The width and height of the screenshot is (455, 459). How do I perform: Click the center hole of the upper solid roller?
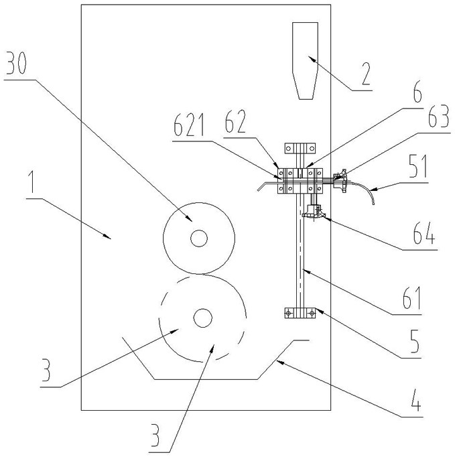click(199, 238)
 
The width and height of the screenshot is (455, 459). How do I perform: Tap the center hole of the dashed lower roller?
click(202, 318)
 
